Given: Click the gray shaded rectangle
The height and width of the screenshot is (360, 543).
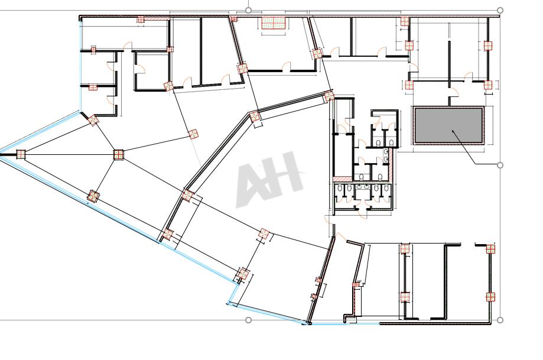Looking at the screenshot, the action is coord(448,125).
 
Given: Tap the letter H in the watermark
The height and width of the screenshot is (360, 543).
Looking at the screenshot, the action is coord(286,173).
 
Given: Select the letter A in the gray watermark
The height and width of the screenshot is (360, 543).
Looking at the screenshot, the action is coord(253,184).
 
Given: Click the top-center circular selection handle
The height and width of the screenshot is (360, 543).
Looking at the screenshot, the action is coord(248,11).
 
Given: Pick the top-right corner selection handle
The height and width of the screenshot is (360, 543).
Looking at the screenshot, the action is coord(500,11).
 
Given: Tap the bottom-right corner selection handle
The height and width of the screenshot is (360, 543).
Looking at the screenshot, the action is coord(500,320).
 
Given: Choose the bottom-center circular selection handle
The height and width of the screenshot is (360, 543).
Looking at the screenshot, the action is coord(248,320).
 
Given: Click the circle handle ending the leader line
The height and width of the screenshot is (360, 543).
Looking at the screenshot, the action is coord(500,165).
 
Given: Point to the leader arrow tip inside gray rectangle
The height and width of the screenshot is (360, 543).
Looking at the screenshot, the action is coord(452,131).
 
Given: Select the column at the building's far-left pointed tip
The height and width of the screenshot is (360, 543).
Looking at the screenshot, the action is coord(21,154).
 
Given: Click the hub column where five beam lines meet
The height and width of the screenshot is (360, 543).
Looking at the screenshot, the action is coord(118,154).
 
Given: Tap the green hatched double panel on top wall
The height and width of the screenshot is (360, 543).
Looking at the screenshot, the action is coord(274,23).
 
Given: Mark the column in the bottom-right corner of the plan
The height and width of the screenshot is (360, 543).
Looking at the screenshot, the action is coord(490,297).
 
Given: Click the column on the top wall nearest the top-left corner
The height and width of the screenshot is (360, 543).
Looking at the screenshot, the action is coord(141,20).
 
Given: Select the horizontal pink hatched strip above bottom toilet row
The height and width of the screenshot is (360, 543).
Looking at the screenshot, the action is coord(343,179).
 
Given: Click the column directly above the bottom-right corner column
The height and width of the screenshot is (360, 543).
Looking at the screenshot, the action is coord(490,249).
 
